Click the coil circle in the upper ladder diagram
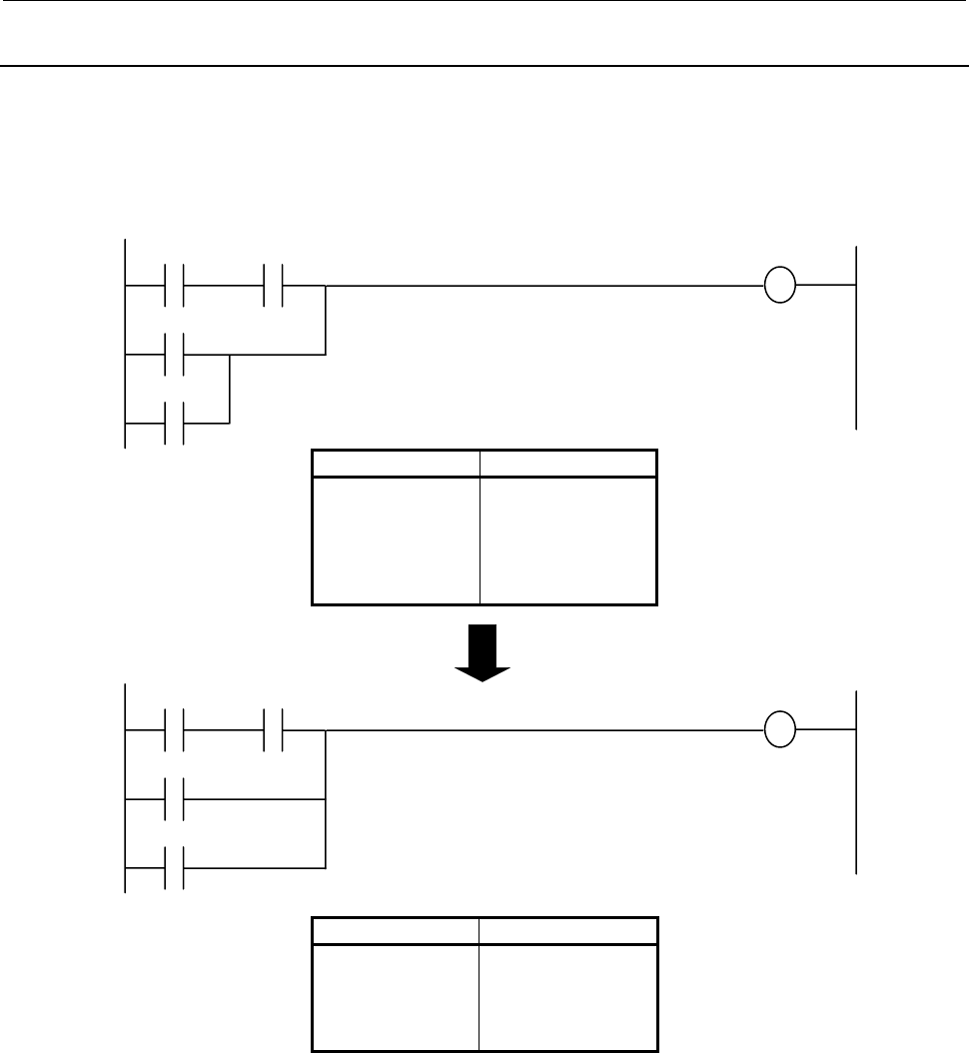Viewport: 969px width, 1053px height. (779, 286)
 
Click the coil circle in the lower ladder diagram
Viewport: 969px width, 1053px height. (779, 730)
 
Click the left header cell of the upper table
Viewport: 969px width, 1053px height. (397, 464)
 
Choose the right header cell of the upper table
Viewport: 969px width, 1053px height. (567, 464)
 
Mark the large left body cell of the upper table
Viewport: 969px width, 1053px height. (397, 539)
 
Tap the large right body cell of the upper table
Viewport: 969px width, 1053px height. (567, 539)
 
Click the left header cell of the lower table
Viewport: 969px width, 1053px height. (397, 930)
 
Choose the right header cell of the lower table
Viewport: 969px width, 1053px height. (567, 930)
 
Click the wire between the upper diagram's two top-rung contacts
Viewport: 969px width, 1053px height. (226, 286)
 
